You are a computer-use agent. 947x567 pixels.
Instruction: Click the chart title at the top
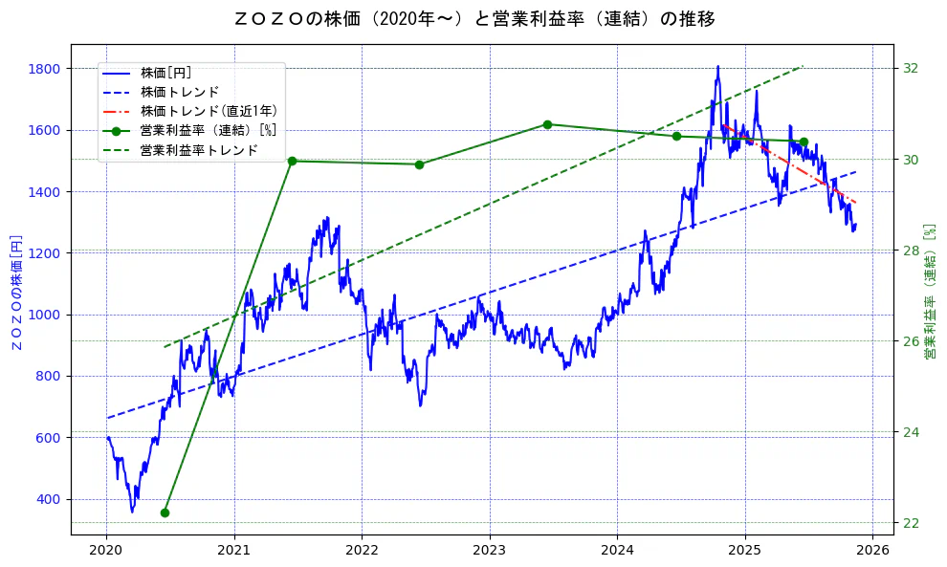click(x=474, y=19)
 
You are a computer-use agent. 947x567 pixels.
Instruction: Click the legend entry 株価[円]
click(x=166, y=73)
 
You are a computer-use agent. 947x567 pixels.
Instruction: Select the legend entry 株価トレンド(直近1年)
click(x=208, y=111)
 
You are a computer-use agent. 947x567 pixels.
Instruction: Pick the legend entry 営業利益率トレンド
click(x=199, y=150)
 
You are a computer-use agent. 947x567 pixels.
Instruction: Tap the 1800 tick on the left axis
click(x=45, y=69)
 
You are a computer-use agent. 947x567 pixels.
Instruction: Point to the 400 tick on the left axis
click(x=49, y=499)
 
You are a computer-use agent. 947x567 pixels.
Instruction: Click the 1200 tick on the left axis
click(x=45, y=253)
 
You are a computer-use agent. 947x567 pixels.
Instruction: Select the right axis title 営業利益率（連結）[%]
click(x=929, y=292)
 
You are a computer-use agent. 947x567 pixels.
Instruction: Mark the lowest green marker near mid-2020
click(x=165, y=512)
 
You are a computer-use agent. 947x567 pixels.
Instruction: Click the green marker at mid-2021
click(x=292, y=161)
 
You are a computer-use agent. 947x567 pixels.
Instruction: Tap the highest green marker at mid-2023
click(x=547, y=124)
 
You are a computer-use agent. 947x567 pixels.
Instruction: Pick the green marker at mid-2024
click(x=676, y=136)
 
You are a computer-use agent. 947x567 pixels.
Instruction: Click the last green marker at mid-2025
click(x=804, y=142)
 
